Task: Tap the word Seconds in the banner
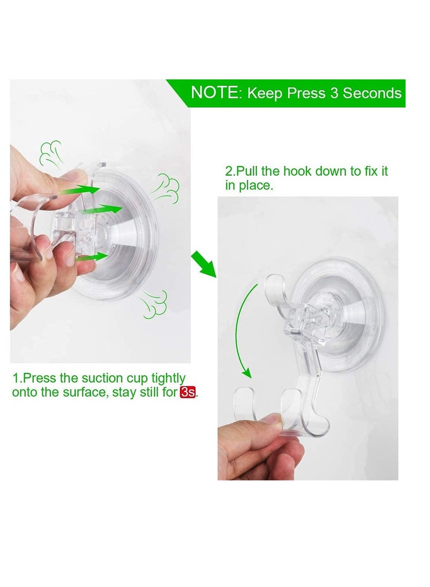pyautogui.click(x=372, y=93)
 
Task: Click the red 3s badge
pyautogui.click(x=188, y=392)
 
